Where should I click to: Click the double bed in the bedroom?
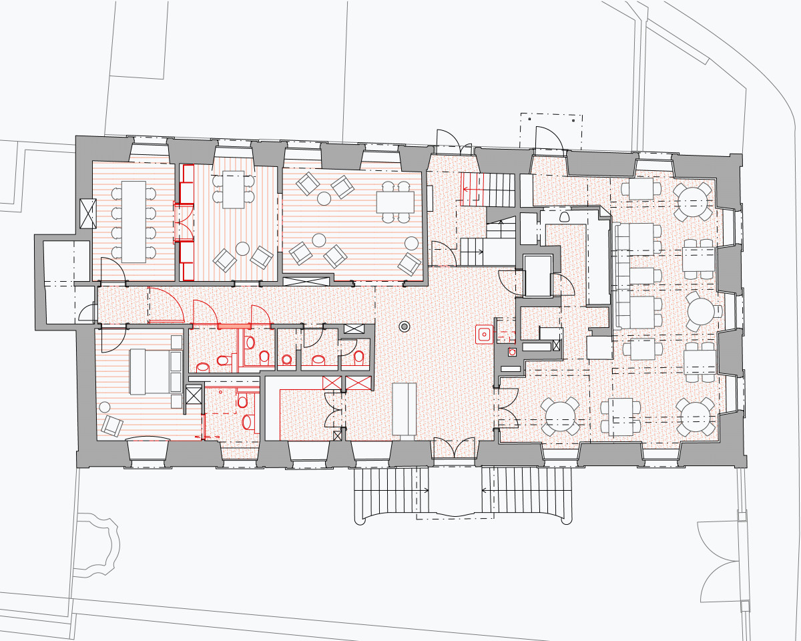[149, 371]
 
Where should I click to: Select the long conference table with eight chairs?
[133, 221]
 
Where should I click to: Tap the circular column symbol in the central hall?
[404, 327]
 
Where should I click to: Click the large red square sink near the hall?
[483, 333]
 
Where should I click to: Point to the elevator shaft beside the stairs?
[537, 275]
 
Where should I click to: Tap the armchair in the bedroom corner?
[111, 425]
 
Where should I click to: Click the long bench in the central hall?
[404, 409]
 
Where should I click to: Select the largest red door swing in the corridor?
[166, 306]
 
